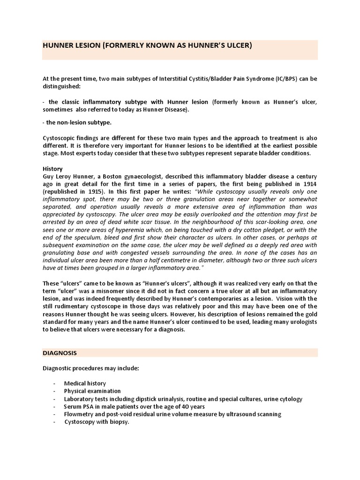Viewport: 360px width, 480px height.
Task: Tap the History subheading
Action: [53, 169]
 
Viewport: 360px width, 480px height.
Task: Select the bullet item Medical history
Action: [85, 383]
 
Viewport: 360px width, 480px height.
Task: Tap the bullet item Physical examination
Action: [92, 391]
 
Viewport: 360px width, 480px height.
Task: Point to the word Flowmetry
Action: [79, 414]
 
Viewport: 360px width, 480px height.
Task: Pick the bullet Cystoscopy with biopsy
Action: [97, 422]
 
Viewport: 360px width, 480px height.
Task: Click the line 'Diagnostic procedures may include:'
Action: [90, 368]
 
